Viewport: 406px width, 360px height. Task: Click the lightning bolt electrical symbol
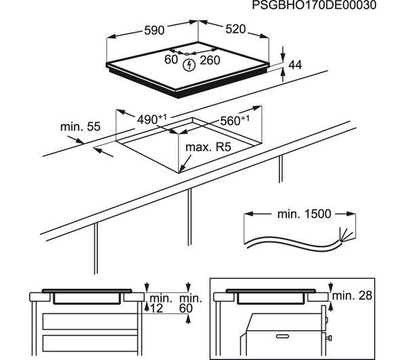pos(191,64)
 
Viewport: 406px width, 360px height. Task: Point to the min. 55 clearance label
pos(80,126)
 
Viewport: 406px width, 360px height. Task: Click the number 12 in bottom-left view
pos(157,309)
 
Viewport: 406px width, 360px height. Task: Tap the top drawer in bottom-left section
pos(88,320)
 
